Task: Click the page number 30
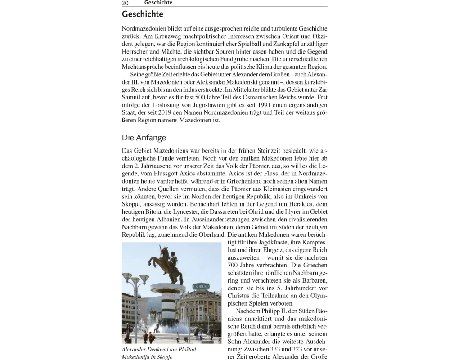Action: coord(125,3)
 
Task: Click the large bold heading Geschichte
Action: coord(143,14)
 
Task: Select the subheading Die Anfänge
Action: coord(144,138)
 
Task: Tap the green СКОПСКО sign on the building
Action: coord(201,287)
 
